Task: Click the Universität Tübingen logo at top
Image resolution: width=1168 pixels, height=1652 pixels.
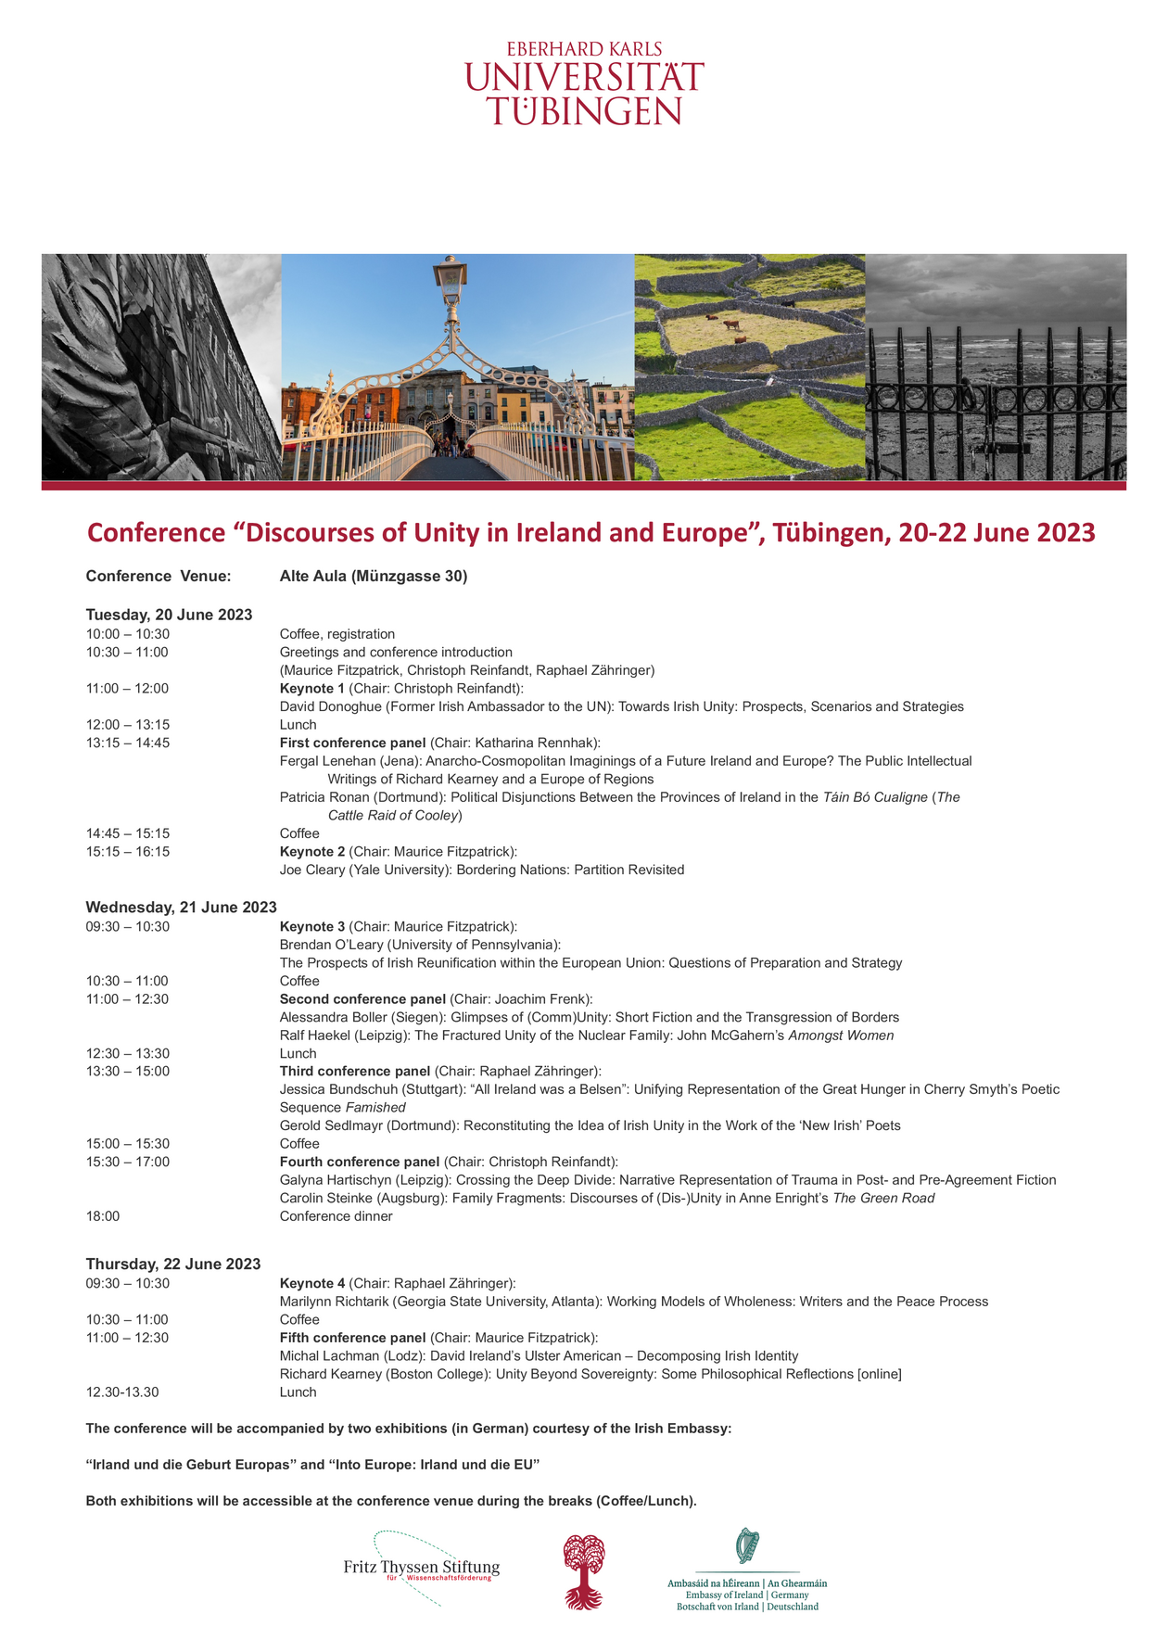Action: [584, 83]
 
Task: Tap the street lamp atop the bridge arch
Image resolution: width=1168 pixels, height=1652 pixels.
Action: [451, 278]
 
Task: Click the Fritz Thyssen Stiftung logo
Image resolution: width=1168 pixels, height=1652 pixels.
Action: [422, 1568]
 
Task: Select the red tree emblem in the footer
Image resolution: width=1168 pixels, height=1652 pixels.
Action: [584, 1570]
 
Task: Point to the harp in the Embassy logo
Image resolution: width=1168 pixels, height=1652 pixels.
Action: [746, 1546]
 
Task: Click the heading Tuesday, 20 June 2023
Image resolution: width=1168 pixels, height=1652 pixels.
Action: [169, 615]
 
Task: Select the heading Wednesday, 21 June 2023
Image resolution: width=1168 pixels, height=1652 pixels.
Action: [181, 907]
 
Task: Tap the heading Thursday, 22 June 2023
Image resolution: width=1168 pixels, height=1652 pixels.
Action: [173, 1264]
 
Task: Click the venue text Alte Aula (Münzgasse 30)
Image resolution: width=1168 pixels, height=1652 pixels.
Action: [374, 577]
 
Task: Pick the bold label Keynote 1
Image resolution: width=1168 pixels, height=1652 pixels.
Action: [311, 688]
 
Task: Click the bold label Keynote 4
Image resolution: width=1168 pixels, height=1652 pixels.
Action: [311, 1283]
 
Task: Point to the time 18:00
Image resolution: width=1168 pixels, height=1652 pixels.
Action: [103, 1216]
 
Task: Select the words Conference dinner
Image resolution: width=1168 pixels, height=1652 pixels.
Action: [336, 1216]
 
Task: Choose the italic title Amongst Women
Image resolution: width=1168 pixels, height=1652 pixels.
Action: [841, 1035]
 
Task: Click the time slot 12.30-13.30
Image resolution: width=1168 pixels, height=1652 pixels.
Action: [122, 1391]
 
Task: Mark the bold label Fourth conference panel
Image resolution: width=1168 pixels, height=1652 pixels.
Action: [360, 1162]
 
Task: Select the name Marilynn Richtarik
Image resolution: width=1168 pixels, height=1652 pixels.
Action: [334, 1301]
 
